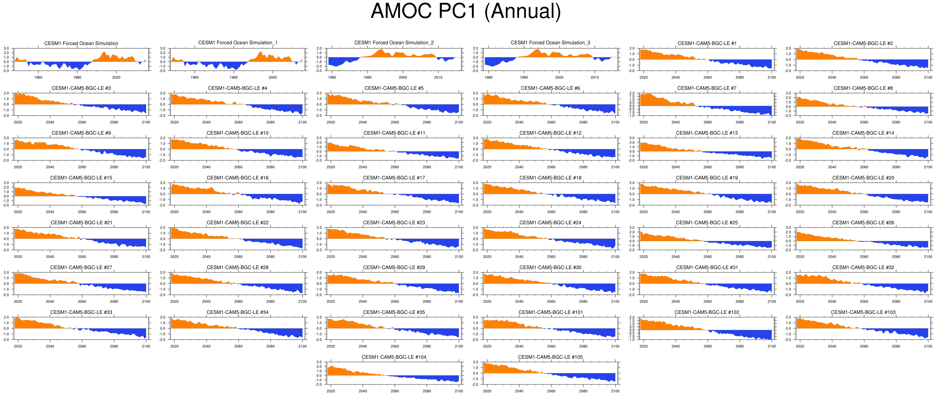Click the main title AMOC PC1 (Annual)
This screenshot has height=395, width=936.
click(465, 12)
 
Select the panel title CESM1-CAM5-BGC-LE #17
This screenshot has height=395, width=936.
click(394, 178)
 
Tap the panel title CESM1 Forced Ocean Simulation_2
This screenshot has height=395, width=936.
click(394, 43)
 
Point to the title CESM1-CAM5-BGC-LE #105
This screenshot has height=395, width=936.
click(550, 357)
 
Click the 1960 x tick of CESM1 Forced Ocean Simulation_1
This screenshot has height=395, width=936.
click(195, 77)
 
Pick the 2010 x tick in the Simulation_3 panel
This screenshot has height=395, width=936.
click(594, 77)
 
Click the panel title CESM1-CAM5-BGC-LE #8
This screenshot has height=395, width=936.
click(863, 88)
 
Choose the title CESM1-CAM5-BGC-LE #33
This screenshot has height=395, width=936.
click(81, 312)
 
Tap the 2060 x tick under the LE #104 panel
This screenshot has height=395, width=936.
click(394, 391)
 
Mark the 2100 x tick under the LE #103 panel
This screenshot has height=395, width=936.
click(928, 346)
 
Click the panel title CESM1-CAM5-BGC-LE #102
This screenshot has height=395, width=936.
click(707, 312)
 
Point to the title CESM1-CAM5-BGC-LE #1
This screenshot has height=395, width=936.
click(707, 43)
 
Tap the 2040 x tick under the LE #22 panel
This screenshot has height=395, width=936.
click(206, 256)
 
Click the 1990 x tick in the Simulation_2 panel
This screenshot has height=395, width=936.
click(367, 77)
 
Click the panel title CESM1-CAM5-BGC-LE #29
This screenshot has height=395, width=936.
click(394, 267)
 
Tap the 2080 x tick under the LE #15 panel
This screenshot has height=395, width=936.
click(114, 212)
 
